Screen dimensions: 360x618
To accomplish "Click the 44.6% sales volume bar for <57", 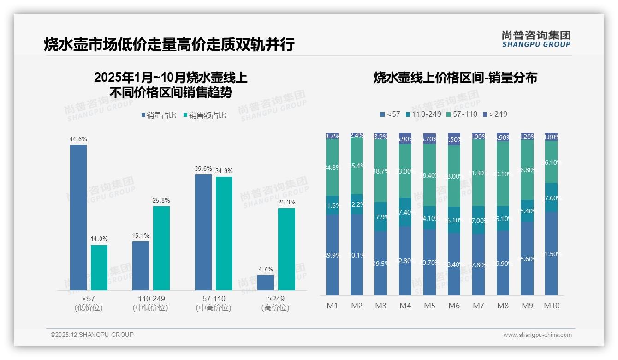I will tap(78, 217).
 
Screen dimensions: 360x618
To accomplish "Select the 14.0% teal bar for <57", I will tap(99, 267).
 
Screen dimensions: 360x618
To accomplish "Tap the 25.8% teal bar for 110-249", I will tap(161, 248).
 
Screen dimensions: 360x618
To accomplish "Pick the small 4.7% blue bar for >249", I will tap(266, 282).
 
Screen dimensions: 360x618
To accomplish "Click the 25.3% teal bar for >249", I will tap(286, 249).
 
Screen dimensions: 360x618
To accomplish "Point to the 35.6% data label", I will tap(203, 168).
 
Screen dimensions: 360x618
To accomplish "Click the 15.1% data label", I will tap(141, 235).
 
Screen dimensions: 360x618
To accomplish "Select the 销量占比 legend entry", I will tap(158, 115).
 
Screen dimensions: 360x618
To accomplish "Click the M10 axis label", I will tap(552, 306).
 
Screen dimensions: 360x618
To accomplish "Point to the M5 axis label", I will tap(429, 306).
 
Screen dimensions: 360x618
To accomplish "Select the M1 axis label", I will tap(332, 306).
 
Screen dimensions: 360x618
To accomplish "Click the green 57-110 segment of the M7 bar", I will tap(478, 173).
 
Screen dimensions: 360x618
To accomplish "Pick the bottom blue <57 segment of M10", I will tap(551, 253).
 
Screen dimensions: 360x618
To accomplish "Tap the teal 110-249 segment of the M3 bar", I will tap(380, 216).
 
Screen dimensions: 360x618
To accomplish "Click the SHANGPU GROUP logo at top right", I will tap(536, 39).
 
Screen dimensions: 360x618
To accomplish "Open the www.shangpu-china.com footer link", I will tap(537, 335).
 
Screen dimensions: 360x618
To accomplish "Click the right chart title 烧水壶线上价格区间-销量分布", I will tap(455, 78).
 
